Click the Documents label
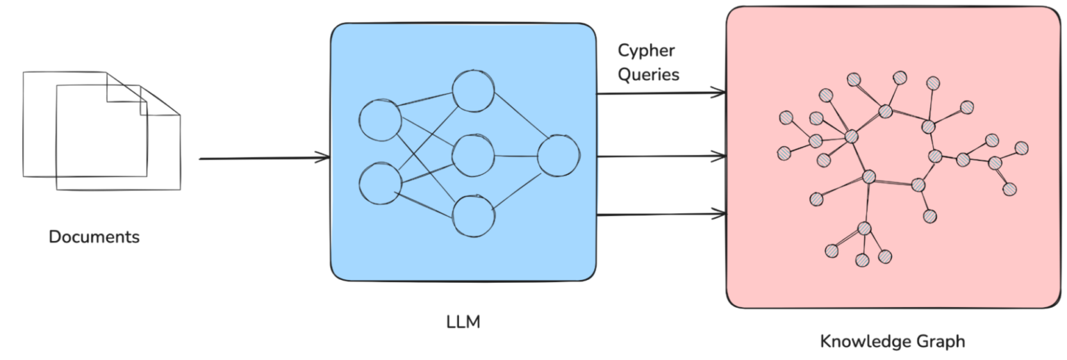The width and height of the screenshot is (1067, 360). [x=94, y=237]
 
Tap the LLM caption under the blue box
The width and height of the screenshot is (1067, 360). [x=463, y=322]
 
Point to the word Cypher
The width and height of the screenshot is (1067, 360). [x=646, y=51]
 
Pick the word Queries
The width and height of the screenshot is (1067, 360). [x=648, y=74]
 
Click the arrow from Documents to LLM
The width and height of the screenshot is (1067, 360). [x=264, y=158]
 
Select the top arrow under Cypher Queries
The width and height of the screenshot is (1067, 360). [x=660, y=92]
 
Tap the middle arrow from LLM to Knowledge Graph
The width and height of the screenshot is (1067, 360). [x=660, y=156]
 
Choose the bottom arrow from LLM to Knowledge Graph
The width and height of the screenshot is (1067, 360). [x=660, y=215]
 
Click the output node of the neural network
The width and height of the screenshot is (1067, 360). [x=558, y=156]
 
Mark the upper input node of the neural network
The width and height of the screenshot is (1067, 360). [x=380, y=120]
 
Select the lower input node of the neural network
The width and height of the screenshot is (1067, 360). [x=380, y=184]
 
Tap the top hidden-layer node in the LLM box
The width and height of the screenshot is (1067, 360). [x=473, y=92]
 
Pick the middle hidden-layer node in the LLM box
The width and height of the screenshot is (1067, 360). [x=473, y=156]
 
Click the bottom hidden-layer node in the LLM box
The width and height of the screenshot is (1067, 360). [x=474, y=215]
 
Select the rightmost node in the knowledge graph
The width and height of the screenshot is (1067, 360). [x=1021, y=148]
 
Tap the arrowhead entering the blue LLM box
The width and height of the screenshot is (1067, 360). [x=323, y=158]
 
